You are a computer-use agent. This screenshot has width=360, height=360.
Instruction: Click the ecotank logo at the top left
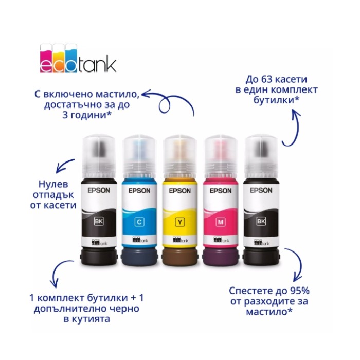point(78,58)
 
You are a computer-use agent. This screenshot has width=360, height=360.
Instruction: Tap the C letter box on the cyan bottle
point(139,222)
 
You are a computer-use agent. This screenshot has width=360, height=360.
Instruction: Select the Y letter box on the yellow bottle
point(180,222)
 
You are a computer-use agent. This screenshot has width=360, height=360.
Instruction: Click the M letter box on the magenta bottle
point(221,222)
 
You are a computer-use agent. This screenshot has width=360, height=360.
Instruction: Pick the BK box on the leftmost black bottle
point(99,221)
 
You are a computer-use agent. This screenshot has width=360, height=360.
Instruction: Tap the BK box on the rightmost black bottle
point(261,221)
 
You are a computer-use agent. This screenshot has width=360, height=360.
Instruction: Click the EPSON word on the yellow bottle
point(180,191)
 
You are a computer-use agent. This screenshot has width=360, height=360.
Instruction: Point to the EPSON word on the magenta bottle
point(221,191)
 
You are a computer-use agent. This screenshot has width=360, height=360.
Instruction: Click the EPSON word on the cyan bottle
point(139,191)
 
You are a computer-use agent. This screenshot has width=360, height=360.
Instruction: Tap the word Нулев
point(53,184)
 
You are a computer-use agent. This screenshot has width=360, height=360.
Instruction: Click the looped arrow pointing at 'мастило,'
point(169,101)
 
